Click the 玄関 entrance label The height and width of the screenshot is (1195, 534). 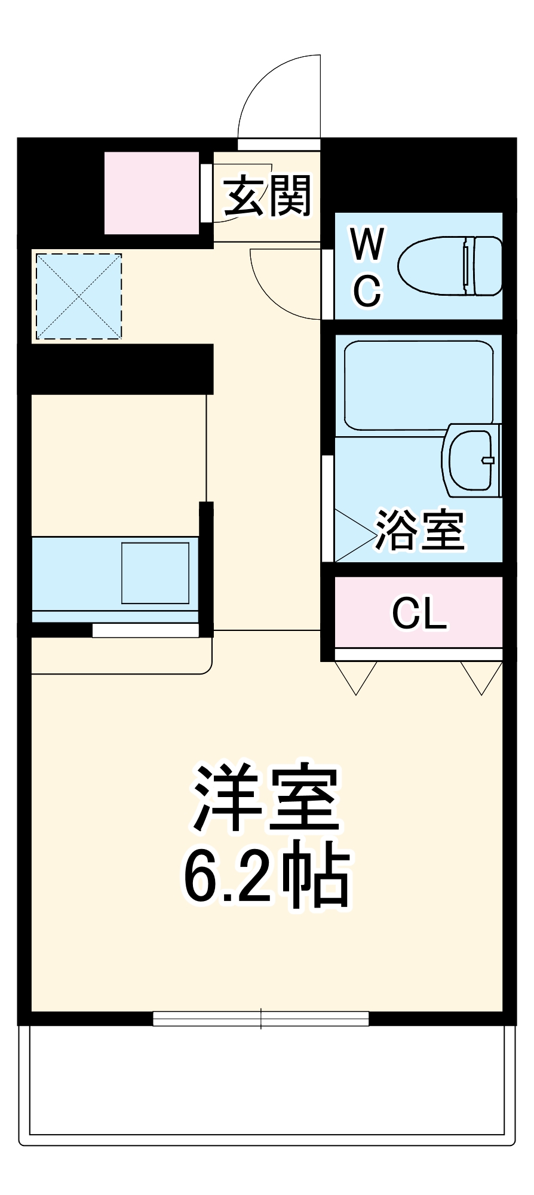tap(267, 196)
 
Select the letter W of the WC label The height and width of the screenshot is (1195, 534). tap(367, 244)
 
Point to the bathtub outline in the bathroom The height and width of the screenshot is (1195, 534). tap(418, 384)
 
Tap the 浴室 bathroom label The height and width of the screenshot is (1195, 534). tap(419, 530)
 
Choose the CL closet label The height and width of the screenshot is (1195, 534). tap(419, 613)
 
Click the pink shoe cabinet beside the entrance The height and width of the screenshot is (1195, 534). tap(152, 193)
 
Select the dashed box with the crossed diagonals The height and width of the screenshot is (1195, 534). tap(79, 296)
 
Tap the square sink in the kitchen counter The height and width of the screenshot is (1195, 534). tap(155, 573)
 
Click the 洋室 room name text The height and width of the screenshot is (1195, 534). tap(266, 798)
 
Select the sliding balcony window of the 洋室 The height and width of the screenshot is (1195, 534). tap(260, 1019)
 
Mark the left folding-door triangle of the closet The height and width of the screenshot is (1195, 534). tap(356, 677)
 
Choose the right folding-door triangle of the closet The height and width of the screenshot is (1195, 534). tap(481, 677)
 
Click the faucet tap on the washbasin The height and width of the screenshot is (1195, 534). tap(488, 459)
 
